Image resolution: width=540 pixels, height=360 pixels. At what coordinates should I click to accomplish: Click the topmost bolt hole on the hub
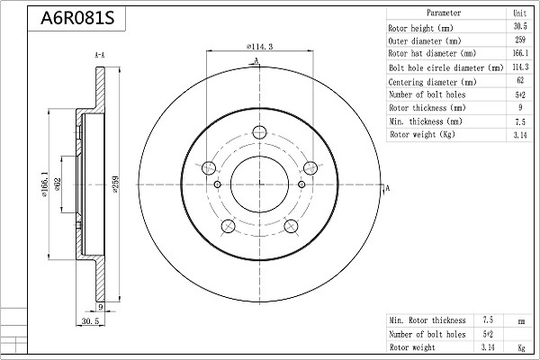pyautogui.click(x=259, y=133)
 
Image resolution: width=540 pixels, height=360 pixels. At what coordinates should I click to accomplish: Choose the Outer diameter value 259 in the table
pyautogui.click(x=519, y=40)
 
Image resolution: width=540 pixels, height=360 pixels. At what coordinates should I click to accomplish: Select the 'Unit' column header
pyautogui.click(x=519, y=13)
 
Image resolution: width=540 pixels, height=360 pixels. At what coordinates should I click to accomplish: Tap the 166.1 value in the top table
pyautogui.click(x=519, y=54)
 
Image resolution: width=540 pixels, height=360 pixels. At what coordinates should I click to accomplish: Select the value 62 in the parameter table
pyautogui.click(x=519, y=81)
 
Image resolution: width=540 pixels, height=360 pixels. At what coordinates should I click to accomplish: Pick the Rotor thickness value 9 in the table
pyautogui.click(x=519, y=108)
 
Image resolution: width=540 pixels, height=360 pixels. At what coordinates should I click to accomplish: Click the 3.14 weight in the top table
pyautogui.click(x=519, y=135)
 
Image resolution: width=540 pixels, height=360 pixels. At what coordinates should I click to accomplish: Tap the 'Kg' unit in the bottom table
pyautogui.click(x=520, y=346)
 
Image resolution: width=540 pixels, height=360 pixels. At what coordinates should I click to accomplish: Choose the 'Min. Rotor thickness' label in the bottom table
pyautogui.click(x=427, y=319)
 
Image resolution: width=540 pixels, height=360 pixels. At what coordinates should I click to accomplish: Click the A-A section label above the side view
pyautogui.click(x=99, y=56)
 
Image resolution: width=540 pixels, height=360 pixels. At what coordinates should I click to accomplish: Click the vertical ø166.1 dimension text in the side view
pyautogui.click(x=45, y=184)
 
